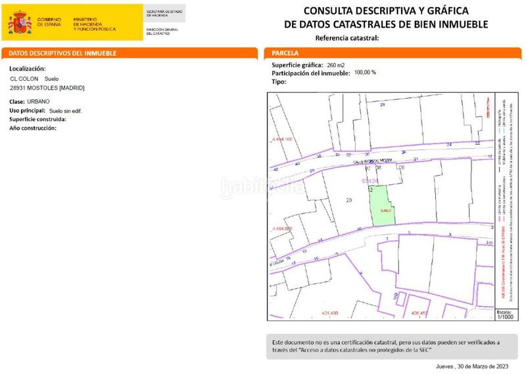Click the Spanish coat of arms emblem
pyautogui.click(x=20, y=22)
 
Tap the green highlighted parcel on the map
pyautogui.click(x=379, y=205)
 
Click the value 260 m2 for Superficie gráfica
pyautogui.click(x=336, y=65)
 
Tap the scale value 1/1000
pyautogui.click(x=505, y=316)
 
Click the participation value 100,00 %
pyautogui.click(x=365, y=73)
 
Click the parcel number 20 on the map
pyautogui.click(x=348, y=200)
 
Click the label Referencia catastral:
pyautogui.click(x=347, y=38)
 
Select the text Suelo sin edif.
pyautogui.click(x=66, y=111)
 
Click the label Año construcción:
pyautogui.click(x=33, y=128)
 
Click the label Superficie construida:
pyautogui.click(x=37, y=119)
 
